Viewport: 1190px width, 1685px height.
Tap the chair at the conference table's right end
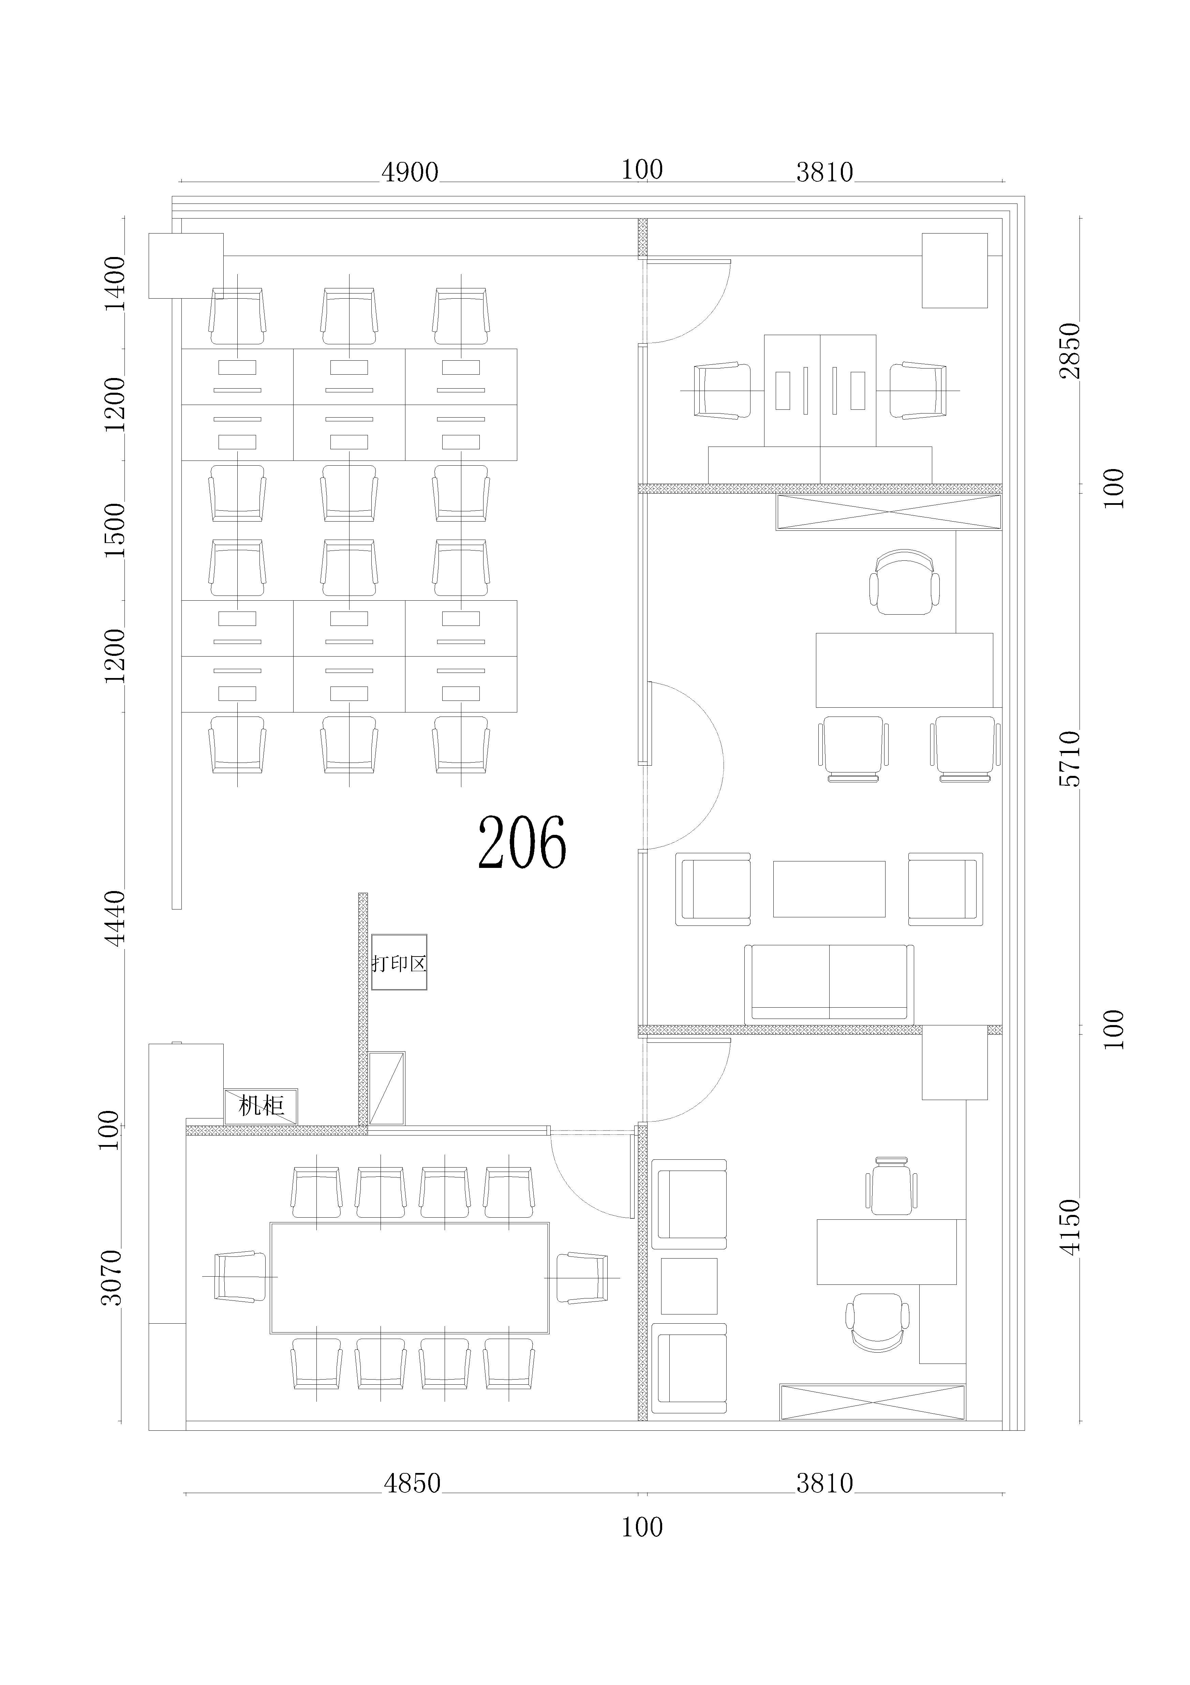tap(582, 1278)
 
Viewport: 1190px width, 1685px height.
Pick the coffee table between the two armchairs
tap(829, 889)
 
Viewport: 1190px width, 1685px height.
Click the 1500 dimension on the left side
tap(115, 530)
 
